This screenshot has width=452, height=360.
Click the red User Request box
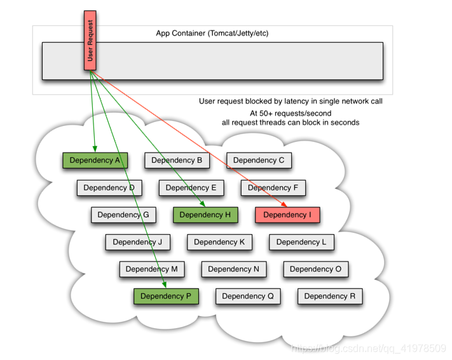click(x=90, y=40)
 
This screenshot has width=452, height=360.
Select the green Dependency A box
click(x=95, y=160)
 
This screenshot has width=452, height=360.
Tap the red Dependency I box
click(x=287, y=215)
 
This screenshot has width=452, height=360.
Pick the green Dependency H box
click(x=205, y=215)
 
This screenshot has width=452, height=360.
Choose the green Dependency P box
click(x=166, y=296)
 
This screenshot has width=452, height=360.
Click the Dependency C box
click(x=259, y=160)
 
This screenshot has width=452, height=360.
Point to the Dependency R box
click(x=330, y=296)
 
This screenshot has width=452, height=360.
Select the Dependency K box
click(x=219, y=242)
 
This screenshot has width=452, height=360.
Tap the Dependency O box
click(x=316, y=269)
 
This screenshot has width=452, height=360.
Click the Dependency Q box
click(x=248, y=296)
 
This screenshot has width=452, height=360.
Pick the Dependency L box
click(x=301, y=242)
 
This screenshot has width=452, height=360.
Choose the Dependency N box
click(x=234, y=269)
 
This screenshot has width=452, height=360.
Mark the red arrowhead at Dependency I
click(x=285, y=204)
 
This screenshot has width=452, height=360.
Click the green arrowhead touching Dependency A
click(x=95, y=149)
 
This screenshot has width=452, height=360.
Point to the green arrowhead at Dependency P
click(x=165, y=285)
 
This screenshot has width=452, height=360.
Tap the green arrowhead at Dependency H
click(x=203, y=204)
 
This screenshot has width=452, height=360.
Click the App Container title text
click(x=212, y=33)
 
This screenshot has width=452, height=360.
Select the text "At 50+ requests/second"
click(x=291, y=113)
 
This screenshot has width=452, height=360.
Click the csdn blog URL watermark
click(x=369, y=349)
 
